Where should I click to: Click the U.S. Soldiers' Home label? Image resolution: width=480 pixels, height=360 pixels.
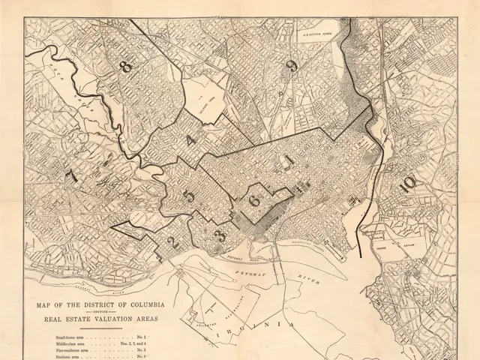(x=317, y=32)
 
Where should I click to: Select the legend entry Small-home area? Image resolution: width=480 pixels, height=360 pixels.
(x=72, y=340)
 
